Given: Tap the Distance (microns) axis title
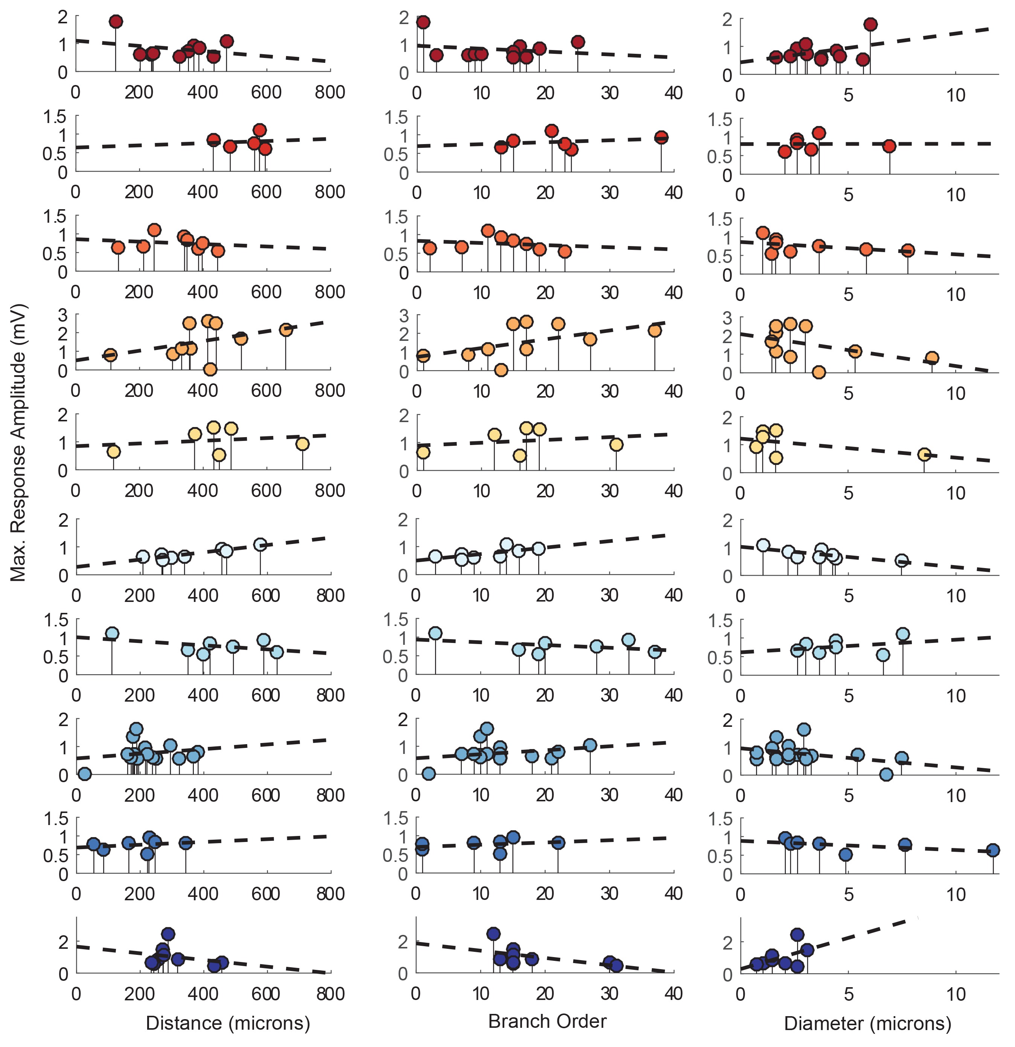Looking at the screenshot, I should (228, 1023).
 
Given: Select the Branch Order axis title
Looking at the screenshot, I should (547, 1021).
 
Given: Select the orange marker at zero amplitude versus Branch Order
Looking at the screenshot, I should (501, 370).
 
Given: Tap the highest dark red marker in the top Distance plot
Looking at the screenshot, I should (116, 21).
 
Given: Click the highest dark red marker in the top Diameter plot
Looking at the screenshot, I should (870, 24).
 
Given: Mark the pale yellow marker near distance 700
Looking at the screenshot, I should (303, 444).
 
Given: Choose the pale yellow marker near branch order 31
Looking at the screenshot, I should (616, 444).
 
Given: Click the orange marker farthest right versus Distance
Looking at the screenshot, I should (286, 330).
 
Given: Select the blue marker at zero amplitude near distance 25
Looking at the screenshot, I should (84, 773).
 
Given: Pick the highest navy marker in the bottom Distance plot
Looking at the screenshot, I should (168, 934).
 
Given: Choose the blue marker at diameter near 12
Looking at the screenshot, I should (992, 850).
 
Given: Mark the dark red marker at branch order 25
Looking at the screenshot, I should (578, 42).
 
